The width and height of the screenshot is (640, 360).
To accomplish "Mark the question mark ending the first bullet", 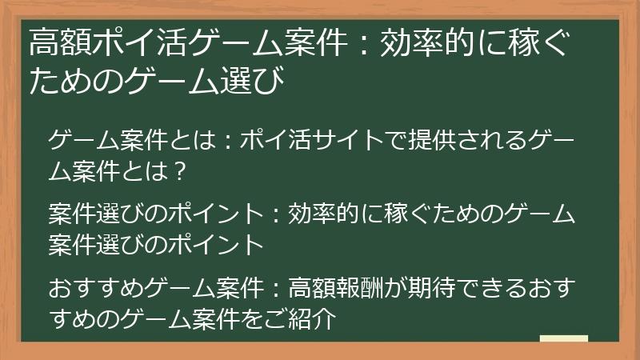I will (180, 170).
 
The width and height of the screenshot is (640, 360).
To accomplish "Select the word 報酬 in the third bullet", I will (362, 286).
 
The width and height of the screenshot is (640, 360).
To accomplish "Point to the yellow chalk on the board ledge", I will (563, 338).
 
